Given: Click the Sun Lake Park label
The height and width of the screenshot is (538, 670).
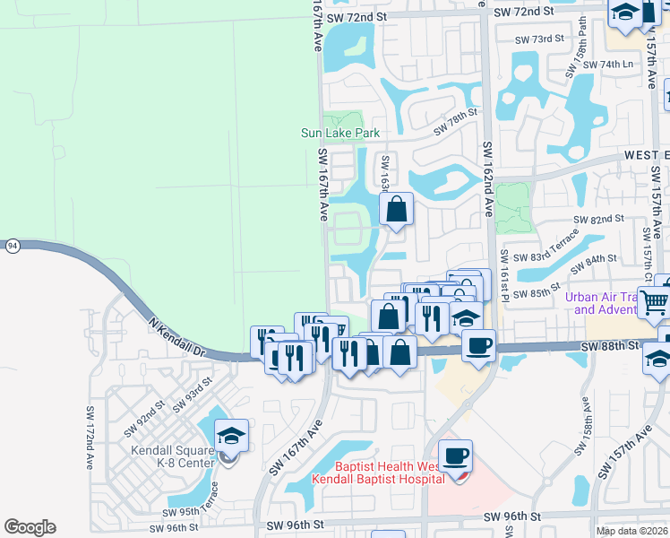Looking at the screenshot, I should [339, 134].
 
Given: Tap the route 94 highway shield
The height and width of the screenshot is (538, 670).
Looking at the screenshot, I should [12, 244].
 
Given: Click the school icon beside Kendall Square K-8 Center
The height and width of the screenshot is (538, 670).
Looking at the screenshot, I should [231, 437].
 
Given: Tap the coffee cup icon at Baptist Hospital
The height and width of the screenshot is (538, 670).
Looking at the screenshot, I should [455, 456].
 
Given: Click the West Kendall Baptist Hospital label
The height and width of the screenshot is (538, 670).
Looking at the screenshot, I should [378, 473].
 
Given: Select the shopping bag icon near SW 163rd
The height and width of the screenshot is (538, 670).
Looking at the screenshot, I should [396, 210].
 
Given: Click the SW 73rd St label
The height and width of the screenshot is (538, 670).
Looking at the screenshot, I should [540, 39].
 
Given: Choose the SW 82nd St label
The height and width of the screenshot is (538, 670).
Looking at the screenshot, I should [598, 220].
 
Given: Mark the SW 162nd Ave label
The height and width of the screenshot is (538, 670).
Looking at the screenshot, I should [489, 180].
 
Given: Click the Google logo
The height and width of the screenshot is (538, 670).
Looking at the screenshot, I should [30, 527].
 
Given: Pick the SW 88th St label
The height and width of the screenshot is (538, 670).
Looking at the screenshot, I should [608, 346].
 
